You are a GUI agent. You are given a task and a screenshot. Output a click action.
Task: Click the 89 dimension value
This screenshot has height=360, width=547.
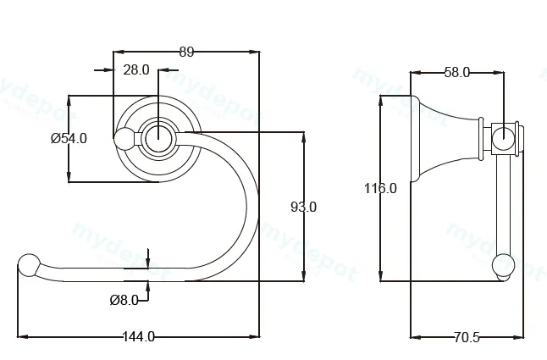click(186, 52)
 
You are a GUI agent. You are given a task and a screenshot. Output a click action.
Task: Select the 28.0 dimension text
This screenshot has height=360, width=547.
click(136, 70)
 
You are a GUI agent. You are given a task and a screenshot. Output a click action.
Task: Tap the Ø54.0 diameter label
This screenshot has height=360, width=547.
click(69, 138)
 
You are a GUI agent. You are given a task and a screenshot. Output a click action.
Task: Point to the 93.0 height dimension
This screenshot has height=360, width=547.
click(303, 208)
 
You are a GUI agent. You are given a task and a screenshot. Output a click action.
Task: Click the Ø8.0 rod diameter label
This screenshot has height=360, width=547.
click(124, 300)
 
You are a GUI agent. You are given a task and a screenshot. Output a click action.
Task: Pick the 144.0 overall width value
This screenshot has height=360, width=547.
click(139, 336)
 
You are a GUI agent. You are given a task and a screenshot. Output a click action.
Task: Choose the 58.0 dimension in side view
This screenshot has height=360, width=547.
click(457, 73)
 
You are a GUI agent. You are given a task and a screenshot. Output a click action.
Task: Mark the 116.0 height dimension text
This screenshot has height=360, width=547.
click(380, 188)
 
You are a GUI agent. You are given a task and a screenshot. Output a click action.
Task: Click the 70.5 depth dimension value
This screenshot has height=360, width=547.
click(467, 337)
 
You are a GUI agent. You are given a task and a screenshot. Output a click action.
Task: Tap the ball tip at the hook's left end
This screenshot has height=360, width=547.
click(29, 266)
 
